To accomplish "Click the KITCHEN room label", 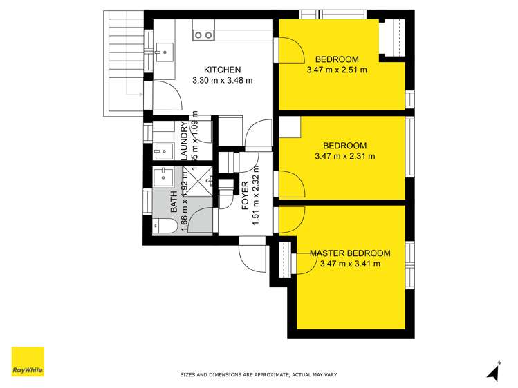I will point(222,70).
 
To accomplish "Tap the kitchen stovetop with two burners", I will point(203,35).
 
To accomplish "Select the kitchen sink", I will point(165,49).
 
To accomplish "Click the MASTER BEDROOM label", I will point(350,253).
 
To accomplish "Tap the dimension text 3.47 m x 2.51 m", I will point(336,70).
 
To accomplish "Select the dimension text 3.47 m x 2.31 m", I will point(344,156).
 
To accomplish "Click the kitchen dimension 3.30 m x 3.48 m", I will point(222,80).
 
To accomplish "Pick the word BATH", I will point(174,202).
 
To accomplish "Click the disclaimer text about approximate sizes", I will point(259,375).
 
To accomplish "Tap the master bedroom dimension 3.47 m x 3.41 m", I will point(350,264).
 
